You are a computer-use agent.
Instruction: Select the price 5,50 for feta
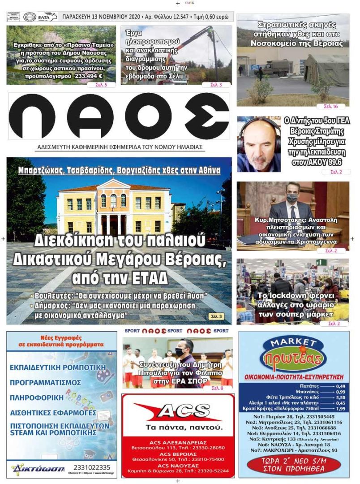[x=340, y=397]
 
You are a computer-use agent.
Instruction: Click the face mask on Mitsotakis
[x=292, y=198]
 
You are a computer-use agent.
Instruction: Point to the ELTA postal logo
[x=47, y=17]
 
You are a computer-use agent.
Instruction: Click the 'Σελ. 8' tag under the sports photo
[x=217, y=388]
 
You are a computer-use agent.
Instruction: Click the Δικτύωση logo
[x=38, y=469]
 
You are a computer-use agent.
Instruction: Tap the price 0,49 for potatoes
[x=340, y=386]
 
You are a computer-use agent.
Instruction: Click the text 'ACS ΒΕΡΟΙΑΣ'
[x=178, y=454]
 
